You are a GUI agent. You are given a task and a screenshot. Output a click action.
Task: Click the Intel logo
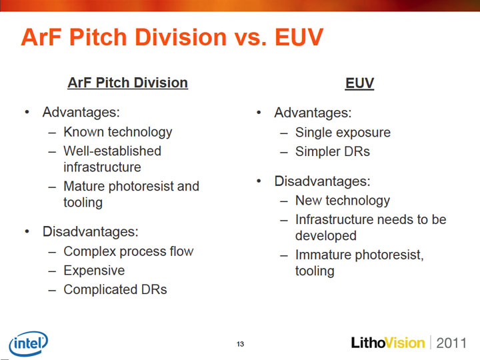[x=29, y=343]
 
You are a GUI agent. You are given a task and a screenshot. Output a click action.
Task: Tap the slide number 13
[x=240, y=344]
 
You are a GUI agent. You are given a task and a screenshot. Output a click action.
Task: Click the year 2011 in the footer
[x=451, y=343]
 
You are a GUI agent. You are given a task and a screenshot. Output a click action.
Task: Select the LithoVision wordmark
[x=388, y=343]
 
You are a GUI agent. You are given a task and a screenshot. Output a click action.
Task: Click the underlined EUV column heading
[x=360, y=83]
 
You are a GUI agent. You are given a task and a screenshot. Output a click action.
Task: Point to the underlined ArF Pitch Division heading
[x=127, y=83]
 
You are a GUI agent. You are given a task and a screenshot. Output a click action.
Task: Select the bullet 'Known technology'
[x=118, y=132]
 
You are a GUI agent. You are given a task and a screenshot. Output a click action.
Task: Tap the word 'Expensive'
[x=94, y=271]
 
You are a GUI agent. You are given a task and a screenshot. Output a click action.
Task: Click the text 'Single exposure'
[x=343, y=133]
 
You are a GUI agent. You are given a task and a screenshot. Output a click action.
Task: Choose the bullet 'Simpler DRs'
[x=333, y=151]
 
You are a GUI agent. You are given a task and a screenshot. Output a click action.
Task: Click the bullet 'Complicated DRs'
[x=115, y=289]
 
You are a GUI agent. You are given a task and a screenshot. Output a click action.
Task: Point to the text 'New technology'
[x=343, y=201]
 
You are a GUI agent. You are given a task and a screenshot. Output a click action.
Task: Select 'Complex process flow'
[x=129, y=251]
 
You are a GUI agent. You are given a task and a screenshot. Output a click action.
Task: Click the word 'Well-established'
[x=113, y=151]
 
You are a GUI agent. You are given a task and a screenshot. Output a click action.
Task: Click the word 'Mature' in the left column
[x=84, y=186]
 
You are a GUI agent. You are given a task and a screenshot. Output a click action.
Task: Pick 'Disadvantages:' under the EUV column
[x=323, y=181]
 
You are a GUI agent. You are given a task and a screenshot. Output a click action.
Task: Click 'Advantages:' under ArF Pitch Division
[x=81, y=113]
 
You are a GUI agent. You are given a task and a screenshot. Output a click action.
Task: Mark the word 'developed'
[x=326, y=236]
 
